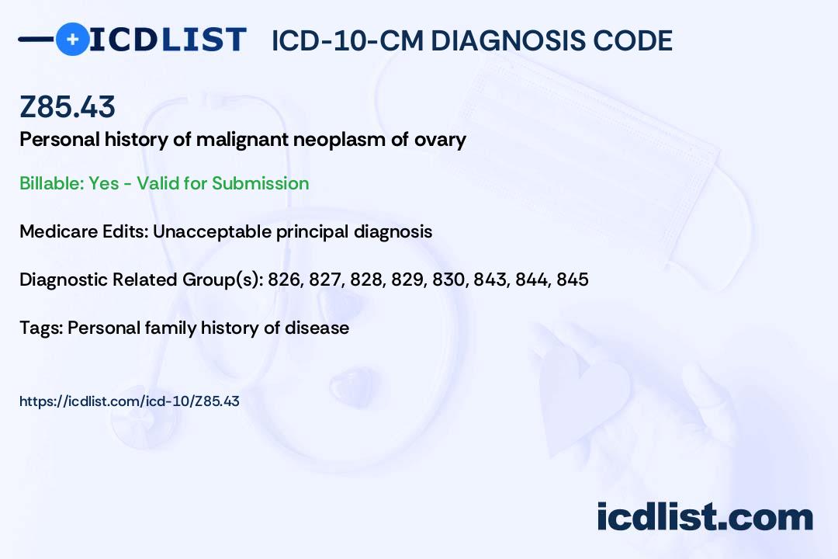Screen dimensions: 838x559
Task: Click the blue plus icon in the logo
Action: click(x=72, y=39)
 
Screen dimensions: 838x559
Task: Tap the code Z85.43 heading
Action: click(x=68, y=106)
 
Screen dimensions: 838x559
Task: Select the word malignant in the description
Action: click(x=243, y=140)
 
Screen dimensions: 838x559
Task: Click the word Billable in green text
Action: click(x=51, y=183)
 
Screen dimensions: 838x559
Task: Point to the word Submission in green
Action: click(x=260, y=183)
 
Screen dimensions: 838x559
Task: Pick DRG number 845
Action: click(x=573, y=279)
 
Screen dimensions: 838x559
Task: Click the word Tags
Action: click(x=42, y=328)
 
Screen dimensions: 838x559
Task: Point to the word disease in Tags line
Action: click(x=317, y=328)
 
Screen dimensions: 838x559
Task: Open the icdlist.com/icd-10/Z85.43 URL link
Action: click(x=130, y=401)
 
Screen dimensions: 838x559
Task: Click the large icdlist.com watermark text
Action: click(x=705, y=516)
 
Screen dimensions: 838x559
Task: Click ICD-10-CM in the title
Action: click(x=347, y=40)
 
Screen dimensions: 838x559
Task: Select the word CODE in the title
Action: click(x=624, y=40)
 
